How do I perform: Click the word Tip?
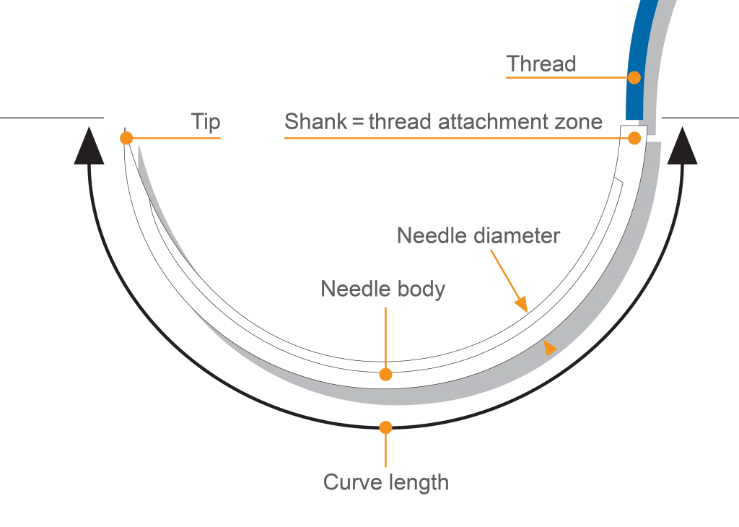206,121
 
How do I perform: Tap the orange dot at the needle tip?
127,138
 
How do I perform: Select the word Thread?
541,64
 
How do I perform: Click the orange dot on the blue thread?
634,77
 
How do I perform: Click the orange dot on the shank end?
635,138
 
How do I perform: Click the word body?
421,290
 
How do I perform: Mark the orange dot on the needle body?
386,374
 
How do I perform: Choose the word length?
421,482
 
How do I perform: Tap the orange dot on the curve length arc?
386,427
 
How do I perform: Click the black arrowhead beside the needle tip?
88,146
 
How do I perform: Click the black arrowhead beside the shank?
682,146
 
